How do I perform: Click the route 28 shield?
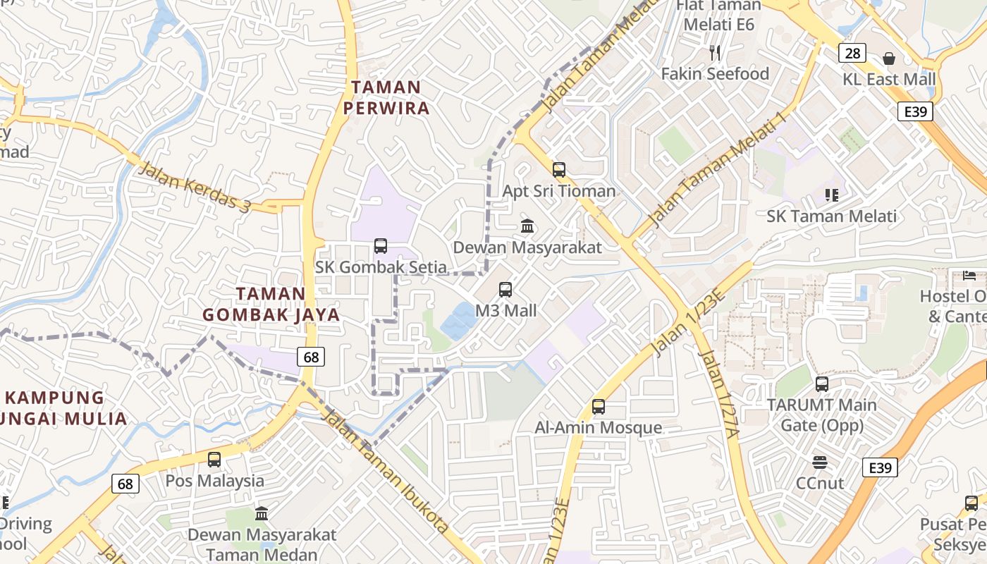coord(852,53)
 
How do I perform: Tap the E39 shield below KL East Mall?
coord(916,111)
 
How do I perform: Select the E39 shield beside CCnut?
coord(880,467)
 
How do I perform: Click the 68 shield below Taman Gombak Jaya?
coord(311,357)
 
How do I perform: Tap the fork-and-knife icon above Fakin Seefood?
coord(715,52)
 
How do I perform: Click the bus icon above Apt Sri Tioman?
coord(559,169)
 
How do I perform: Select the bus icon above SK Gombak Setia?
coord(381,245)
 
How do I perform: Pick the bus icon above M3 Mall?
coord(505,289)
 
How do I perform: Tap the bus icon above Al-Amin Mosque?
coord(599,406)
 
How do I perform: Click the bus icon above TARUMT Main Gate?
coord(822,384)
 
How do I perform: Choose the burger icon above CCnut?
coord(819,462)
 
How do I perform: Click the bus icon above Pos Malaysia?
coord(214,459)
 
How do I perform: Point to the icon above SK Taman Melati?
coord(831,195)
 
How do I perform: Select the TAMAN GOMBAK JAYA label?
coord(271,304)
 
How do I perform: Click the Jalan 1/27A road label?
coord(717,394)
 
